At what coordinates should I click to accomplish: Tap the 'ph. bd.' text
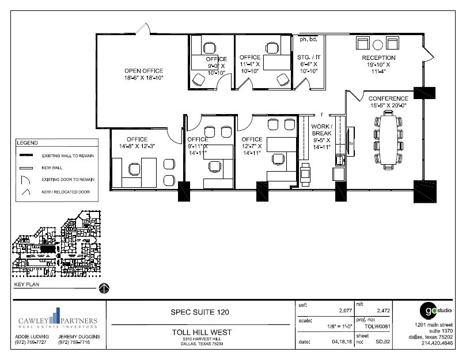308,40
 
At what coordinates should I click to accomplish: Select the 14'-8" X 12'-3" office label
137,143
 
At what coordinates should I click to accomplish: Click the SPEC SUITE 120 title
200,312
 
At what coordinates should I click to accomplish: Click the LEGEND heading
27,142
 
